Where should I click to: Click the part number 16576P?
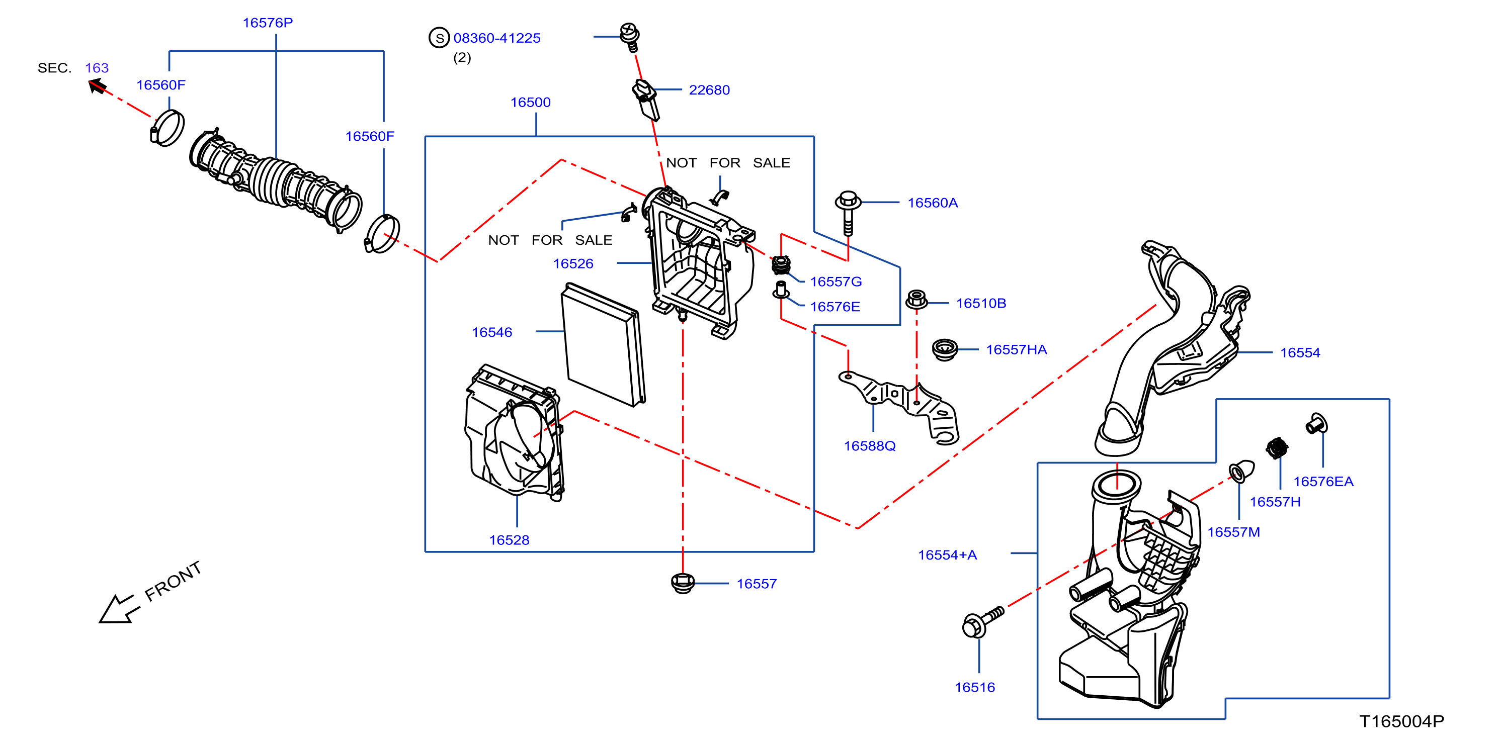coord(268,23)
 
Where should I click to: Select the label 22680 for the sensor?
coord(709,90)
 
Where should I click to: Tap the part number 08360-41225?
coord(497,38)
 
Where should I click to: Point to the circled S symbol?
coord(439,38)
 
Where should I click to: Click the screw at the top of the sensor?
coord(629,36)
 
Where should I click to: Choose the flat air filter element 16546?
coord(604,344)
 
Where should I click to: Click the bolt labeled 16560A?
coord(849,213)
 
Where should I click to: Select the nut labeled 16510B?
coord(916,300)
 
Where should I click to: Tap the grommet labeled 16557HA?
coord(945,350)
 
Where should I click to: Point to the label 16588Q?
coord(869,446)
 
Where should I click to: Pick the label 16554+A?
coord(948,555)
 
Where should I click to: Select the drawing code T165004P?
coord(1402,721)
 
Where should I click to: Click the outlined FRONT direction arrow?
coord(120,609)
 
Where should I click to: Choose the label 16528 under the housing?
coord(509,540)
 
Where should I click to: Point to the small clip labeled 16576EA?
coord(1316,424)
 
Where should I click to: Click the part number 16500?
coord(531,102)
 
